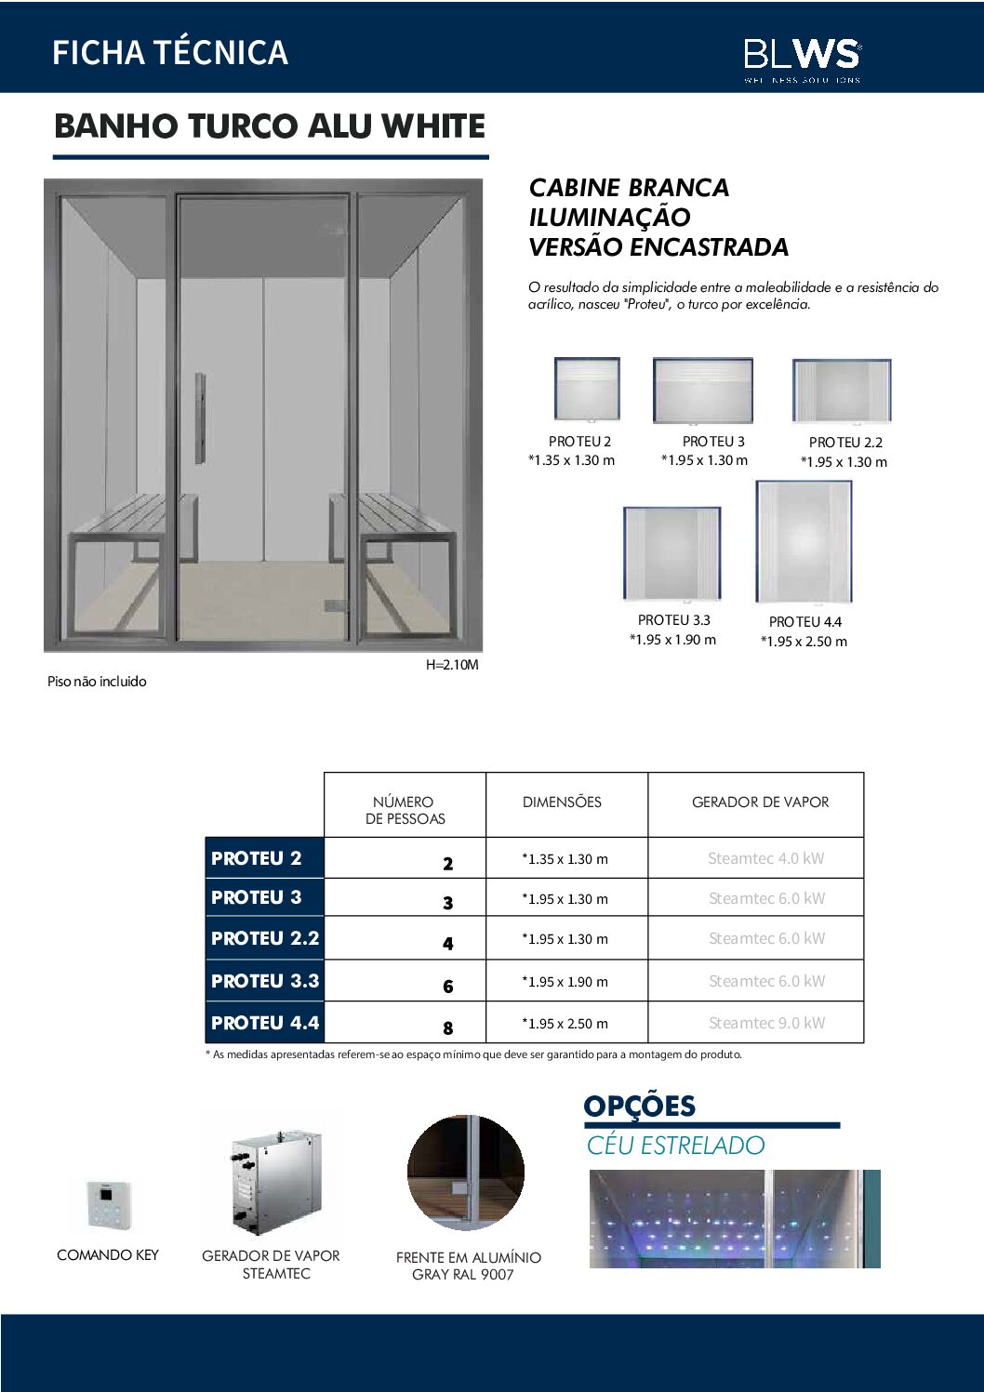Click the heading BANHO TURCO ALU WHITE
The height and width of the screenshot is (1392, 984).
[270, 126]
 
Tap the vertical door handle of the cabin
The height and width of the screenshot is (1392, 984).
[200, 418]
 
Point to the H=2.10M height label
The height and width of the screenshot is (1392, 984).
[452, 665]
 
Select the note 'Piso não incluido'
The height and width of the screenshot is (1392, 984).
[97, 682]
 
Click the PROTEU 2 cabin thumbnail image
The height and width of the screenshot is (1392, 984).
[586, 390]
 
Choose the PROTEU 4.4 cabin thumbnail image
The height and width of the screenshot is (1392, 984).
[804, 542]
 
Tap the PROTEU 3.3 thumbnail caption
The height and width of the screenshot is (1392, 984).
[673, 620]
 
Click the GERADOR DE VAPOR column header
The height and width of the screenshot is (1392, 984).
[760, 802]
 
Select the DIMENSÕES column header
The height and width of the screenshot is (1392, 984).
[562, 802]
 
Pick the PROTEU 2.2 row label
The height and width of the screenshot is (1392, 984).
[265, 939]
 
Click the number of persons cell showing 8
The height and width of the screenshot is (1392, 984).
[448, 1027]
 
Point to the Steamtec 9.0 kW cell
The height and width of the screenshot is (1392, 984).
[766, 1023]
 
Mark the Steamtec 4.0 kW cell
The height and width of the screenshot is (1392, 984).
[765, 858]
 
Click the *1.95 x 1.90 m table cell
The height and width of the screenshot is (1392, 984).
[565, 982]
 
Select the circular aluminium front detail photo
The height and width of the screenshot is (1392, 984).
[466, 1173]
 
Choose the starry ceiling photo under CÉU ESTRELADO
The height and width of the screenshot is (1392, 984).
[734, 1219]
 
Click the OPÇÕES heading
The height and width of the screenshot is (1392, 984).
[640, 1107]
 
